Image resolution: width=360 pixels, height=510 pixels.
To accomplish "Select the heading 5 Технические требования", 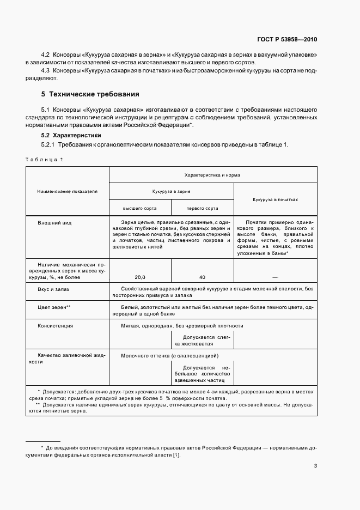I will (x=87, y=94).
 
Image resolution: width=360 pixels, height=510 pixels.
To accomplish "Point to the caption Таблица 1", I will (x=45, y=159).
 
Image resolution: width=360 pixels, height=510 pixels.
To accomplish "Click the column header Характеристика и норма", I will (x=212, y=175).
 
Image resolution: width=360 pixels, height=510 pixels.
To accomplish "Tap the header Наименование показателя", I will (x=67, y=192).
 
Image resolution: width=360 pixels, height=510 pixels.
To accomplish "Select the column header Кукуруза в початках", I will (x=275, y=199).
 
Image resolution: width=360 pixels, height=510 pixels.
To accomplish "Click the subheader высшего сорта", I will (x=140, y=208).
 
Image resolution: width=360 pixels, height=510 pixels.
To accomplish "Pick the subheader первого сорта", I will (x=202, y=208).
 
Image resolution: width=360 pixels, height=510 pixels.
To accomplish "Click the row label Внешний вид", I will (x=55, y=223).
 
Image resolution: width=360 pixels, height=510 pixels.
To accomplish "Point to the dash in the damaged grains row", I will (x=275, y=277).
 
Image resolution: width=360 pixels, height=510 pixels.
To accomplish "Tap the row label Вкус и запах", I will (x=54, y=289).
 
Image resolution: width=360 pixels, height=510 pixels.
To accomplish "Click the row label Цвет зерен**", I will (x=54, y=308).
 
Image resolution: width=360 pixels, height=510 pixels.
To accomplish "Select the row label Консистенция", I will (x=56, y=326).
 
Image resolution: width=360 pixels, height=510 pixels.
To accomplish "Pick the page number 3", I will (x=315, y=466).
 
